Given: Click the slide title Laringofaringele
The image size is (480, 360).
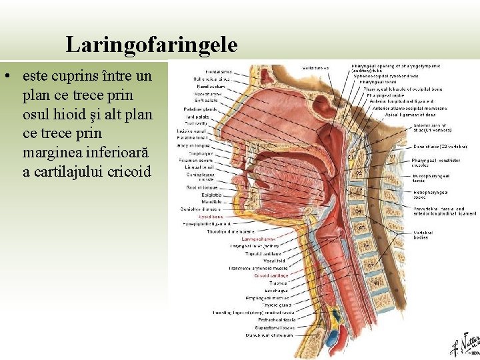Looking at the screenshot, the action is [x=151, y=45].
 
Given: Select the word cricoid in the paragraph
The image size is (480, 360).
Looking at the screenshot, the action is [x=128, y=171].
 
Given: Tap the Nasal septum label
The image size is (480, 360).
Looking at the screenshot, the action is [x=217, y=87].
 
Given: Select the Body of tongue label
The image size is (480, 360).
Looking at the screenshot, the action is [x=212, y=145].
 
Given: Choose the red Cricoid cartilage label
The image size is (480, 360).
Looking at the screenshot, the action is [x=271, y=275].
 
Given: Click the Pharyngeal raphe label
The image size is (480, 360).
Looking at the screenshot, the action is [x=379, y=95].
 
